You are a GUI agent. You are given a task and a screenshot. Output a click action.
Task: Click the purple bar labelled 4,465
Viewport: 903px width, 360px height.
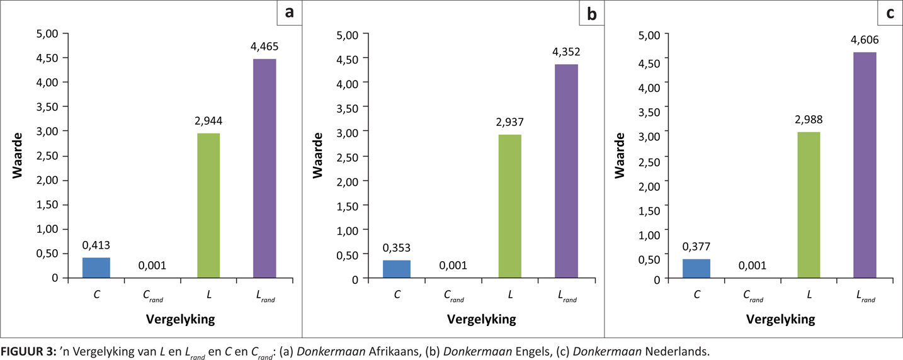click(264, 168)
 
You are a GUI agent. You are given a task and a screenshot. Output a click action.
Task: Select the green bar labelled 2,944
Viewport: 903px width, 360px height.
click(208, 205)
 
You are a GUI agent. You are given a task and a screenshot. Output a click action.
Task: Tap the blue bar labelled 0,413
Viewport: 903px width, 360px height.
click(96, 267)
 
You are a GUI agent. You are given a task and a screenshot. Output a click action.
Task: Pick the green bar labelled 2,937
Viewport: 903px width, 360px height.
click(509, 206)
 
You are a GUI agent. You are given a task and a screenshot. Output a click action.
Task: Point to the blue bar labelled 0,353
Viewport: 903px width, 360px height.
click(397, 269)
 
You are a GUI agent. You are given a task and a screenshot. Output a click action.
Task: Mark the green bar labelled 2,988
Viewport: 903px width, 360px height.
click(809, 205)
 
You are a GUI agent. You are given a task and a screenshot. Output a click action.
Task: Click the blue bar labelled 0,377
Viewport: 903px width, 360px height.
click(696, 268)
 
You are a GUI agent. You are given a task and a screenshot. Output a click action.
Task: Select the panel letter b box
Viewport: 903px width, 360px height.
click(591, 13)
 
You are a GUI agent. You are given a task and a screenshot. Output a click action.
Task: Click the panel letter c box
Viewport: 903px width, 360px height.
click(890, 13)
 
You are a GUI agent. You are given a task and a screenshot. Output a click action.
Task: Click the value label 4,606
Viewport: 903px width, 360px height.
click(865, 40)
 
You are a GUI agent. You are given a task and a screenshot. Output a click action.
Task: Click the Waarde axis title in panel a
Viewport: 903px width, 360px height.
click(18, 155)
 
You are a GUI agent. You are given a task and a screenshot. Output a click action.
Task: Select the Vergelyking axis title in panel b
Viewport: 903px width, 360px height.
click(481, 319)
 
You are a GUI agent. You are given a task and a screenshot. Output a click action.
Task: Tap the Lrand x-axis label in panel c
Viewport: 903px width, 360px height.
click(866, 295)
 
